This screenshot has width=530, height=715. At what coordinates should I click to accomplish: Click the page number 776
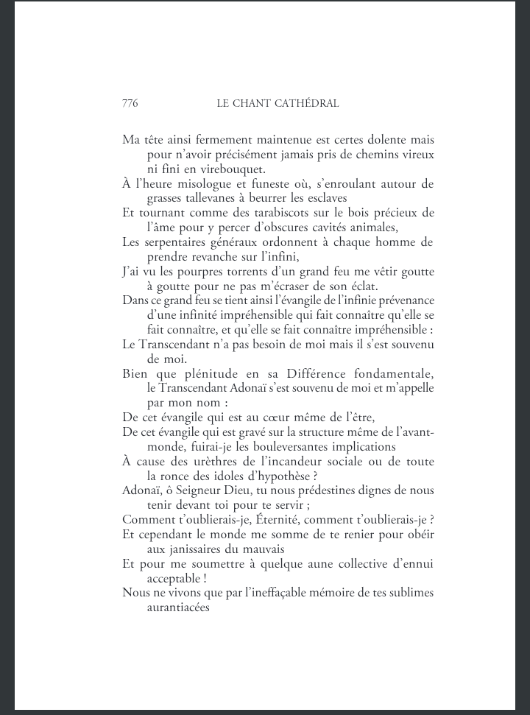130,104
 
